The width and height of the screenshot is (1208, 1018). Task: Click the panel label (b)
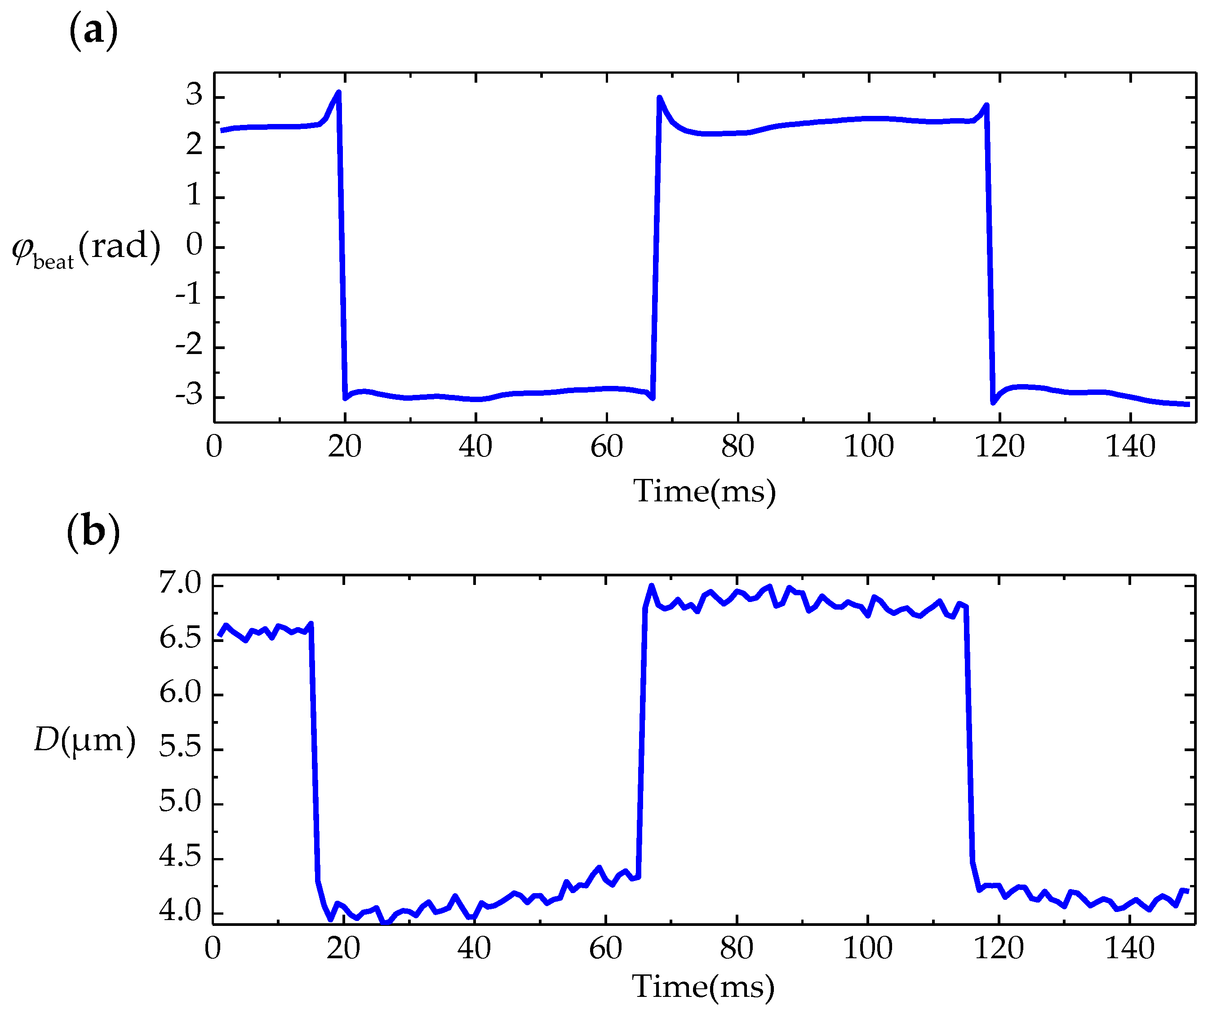(x=93, y=532)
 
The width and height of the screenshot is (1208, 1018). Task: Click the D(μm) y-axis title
(x=85, y=740)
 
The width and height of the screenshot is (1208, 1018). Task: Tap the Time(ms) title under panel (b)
(x=702, y=987)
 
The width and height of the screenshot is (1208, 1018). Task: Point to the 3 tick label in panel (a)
(x=194, y=95)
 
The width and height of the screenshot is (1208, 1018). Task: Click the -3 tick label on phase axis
(x=189, y=396)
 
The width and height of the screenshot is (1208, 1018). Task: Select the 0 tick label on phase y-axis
(x=194, y=246)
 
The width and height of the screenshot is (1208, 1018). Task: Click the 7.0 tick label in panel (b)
(x=180, y=584)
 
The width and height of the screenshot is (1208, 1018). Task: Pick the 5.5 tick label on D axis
(x=180, y=748)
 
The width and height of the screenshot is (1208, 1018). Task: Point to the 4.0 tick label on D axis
(x=180, y=912)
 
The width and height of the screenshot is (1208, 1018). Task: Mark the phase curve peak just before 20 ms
(x=338, y=93)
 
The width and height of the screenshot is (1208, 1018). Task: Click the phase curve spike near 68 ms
(x=659, y=98)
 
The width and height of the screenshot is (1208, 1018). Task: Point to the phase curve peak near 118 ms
(x=986, y=106)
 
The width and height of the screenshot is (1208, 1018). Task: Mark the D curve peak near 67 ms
(x=651, y=586)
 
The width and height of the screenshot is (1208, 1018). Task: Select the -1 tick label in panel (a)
(x=189, y=296)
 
